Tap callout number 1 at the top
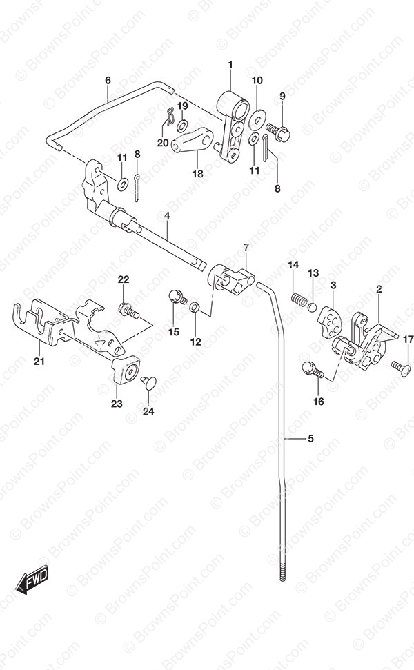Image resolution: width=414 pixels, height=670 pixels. [x=230, y=65]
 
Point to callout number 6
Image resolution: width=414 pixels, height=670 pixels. [x=108, y=80]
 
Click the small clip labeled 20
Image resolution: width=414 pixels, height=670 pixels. [x=169, y=117]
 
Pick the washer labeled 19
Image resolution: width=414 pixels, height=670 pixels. [x=182, y=125]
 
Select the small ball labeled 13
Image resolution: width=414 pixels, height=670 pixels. [x=313, y=306]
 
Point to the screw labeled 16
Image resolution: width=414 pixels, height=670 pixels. [x=313, y=370]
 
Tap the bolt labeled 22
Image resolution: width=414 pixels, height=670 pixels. [x=128, y=311]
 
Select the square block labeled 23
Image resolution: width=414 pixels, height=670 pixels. [x=126, y=370]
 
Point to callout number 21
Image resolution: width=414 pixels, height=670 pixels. [x=39, y=362]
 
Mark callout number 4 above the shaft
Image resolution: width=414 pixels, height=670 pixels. [x=166, y=216]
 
